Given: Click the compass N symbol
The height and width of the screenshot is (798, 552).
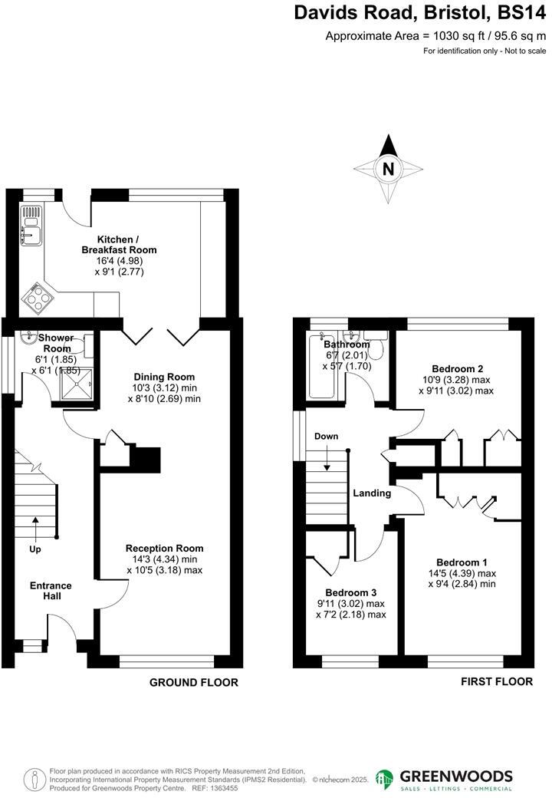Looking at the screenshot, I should tap(389, 169).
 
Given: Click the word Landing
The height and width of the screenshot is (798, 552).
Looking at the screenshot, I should tap(372, 493).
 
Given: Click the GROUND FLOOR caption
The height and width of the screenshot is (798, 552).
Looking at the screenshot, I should tap(193, 682).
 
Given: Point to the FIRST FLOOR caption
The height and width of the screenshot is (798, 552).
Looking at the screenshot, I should tap(497, 681).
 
